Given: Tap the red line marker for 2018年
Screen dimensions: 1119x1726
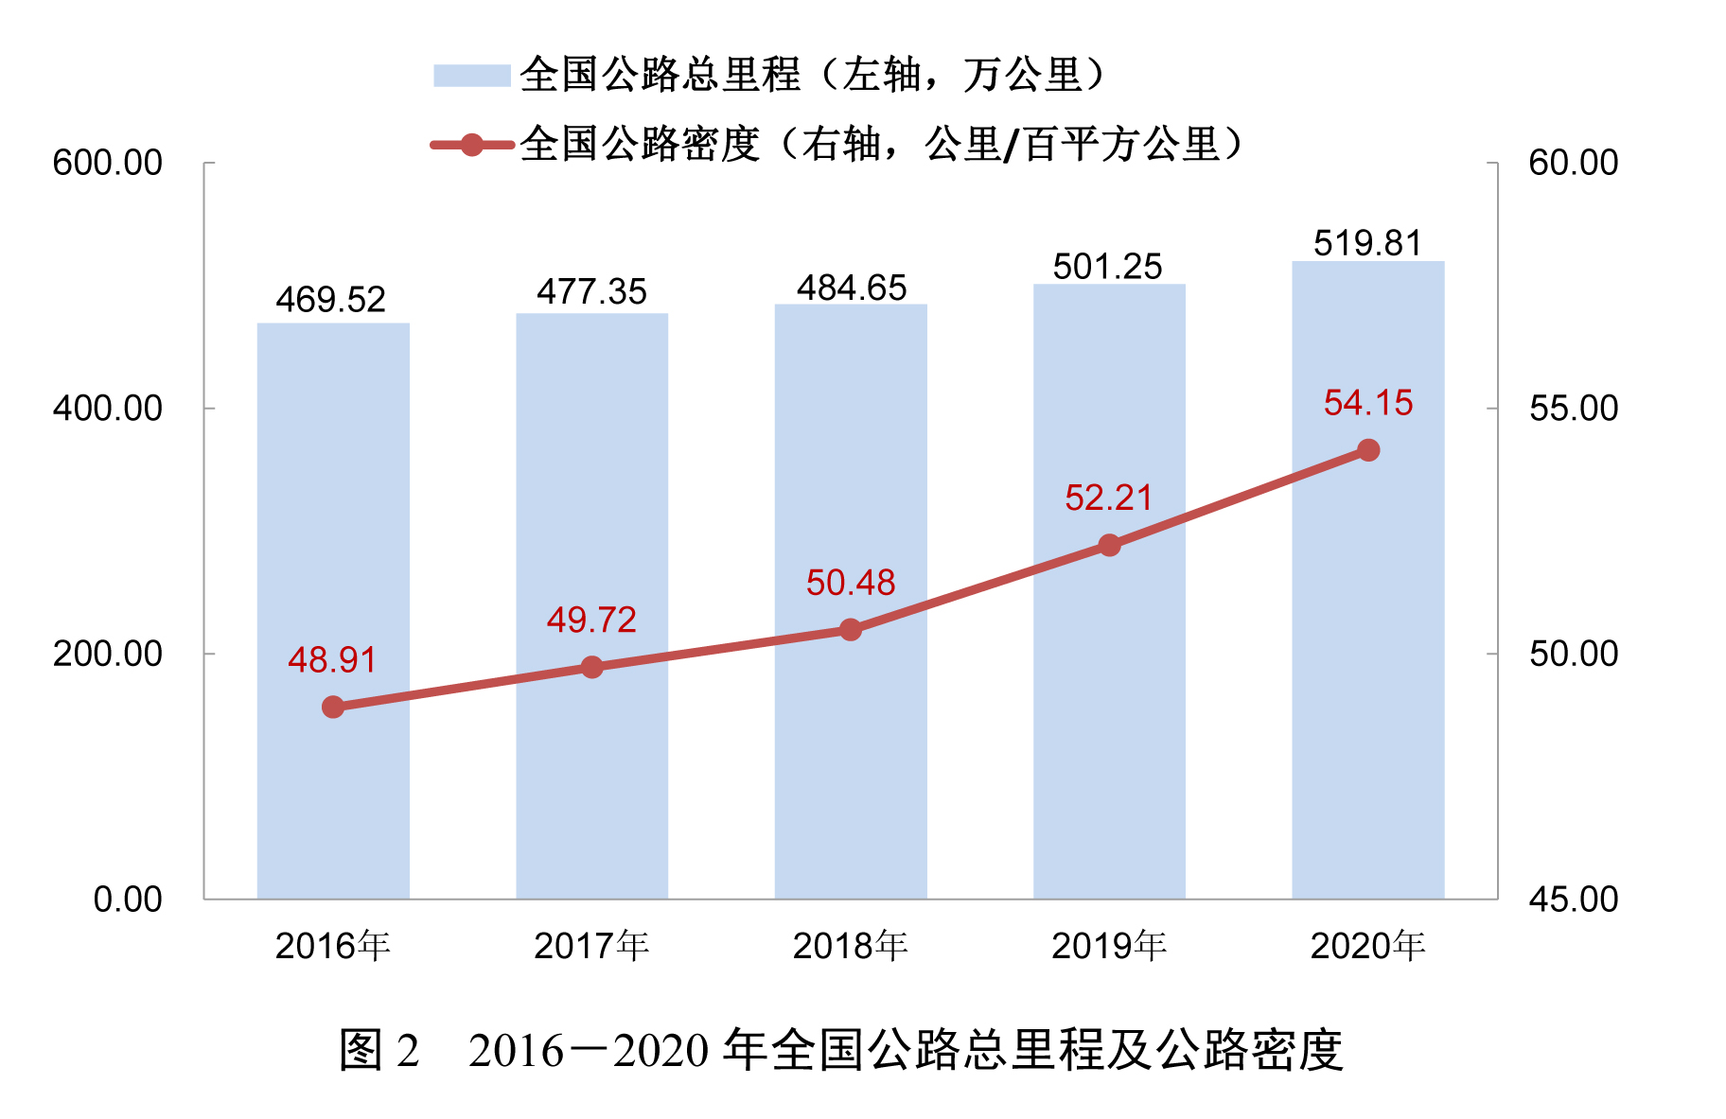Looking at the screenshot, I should point(851,630).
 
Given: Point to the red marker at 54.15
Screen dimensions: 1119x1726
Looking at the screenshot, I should point(1368,450).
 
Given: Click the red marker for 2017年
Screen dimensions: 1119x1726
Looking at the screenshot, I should point(591,668).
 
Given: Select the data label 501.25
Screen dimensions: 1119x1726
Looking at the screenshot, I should point(1107,267).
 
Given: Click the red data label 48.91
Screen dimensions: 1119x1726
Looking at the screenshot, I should point(332,660).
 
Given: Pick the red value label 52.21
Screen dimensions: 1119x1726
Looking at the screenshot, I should point(1108,498).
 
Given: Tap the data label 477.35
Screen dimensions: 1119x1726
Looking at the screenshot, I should point(591,291).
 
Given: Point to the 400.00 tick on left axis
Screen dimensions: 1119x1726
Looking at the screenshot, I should point(108,409).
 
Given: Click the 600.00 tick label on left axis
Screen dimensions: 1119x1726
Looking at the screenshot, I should point(108,163).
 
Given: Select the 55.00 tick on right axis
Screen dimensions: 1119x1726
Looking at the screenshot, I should point(1573,409).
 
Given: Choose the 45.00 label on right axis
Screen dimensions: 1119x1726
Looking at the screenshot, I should point(1573,900).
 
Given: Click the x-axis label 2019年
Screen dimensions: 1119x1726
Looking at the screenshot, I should point(1109,946).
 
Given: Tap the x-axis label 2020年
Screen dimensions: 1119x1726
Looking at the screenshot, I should point(1367,946).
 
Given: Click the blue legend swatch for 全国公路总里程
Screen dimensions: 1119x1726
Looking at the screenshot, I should point(471,76).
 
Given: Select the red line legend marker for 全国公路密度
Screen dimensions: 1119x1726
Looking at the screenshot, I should point(471,145).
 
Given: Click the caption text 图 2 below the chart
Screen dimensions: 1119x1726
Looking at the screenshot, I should point(379,1050).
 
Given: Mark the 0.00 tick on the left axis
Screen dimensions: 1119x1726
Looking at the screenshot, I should point(128,900).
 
